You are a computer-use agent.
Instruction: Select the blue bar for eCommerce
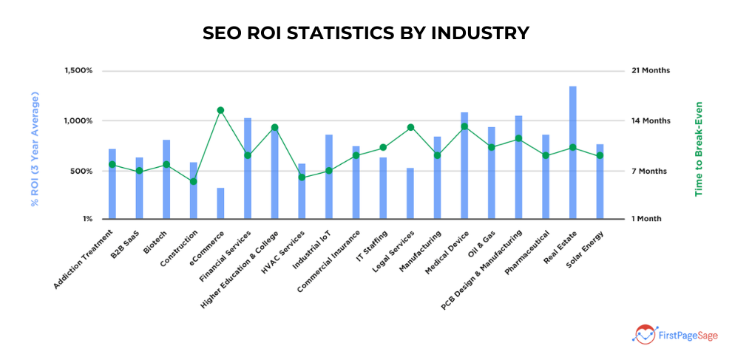click(220, 203)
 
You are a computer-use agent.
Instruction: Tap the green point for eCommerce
click(220, 110)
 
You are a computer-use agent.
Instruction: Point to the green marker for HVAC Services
click(302, 177)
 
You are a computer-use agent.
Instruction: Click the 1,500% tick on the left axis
click(78, 71)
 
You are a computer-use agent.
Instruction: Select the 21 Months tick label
click(651, 71)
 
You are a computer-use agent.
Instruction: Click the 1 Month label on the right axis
click(646, 219)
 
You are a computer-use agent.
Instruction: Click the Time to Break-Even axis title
click(698, 149)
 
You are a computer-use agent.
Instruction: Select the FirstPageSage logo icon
click(643, 334)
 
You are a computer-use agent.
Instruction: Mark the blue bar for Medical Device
click(464, 166)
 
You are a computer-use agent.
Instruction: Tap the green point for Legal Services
click(410, 127)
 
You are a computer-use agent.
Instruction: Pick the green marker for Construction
click(194, 181)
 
